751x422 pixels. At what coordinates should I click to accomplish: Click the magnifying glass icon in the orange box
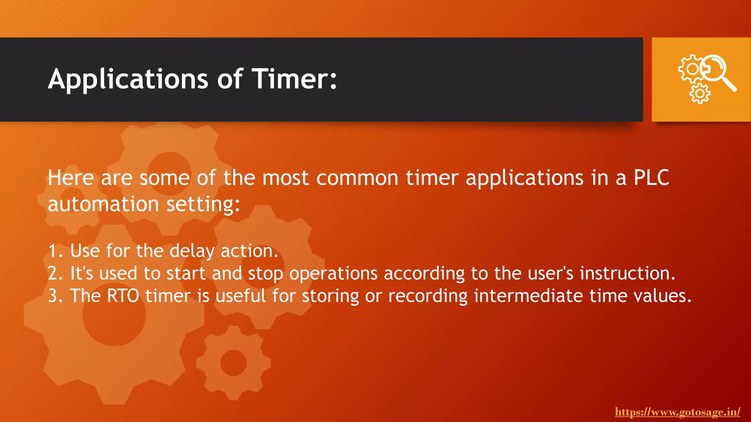719,73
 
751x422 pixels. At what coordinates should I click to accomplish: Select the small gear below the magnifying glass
700,93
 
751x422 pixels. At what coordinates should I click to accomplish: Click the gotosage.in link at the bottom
677,412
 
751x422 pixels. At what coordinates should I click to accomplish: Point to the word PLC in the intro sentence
651,178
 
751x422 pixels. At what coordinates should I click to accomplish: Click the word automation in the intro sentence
103,204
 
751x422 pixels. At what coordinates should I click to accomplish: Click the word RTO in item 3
123,296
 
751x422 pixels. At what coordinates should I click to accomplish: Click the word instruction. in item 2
627,274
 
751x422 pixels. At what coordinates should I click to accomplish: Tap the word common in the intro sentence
357,178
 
